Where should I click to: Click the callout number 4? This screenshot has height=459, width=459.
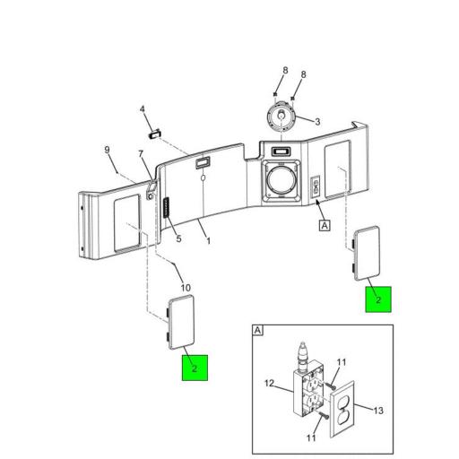(143, 109)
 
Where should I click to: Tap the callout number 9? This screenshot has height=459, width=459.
(107, 150)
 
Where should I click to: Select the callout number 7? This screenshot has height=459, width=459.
(141, 154)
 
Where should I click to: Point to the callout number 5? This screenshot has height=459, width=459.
(178, 238)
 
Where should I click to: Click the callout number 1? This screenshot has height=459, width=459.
(209, 241)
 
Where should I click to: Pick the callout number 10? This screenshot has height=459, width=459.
(186, 288)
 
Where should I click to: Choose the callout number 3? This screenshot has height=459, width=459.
(317, 122)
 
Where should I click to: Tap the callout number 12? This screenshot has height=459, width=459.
(269, 383)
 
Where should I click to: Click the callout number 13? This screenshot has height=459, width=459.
(378, 411)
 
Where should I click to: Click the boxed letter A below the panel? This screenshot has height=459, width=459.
(325, 225)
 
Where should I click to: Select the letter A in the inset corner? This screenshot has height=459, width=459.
(257, 331)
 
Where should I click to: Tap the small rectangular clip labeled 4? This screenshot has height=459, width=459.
(155, 134)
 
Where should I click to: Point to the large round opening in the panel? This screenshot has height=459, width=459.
(281, 180)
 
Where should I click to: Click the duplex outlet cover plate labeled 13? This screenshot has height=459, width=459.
(342, 409)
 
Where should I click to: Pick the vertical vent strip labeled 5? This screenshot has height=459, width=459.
(166, 207)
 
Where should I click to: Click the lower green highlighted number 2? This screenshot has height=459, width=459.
(195, 368)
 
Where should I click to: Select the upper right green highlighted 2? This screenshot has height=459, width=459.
(378, 299)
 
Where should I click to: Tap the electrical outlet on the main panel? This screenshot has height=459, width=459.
(316, 187)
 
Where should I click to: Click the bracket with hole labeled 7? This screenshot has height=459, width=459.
(151, 191)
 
